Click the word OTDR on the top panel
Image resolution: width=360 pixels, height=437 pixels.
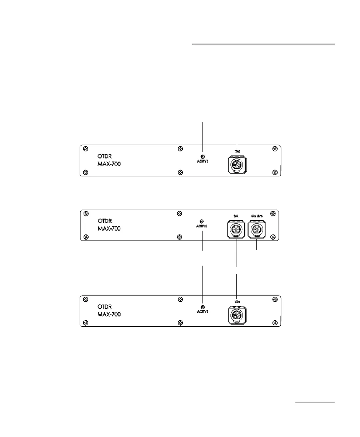pyautogui.click(x=104, y=156)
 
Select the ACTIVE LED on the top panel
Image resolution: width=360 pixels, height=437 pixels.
pyautogui.click(x=202, y=157)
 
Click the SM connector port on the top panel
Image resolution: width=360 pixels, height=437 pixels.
pyautogui.click(x=236, y=165)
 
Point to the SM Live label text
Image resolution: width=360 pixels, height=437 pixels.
pyautogui.click(x=257, y=216)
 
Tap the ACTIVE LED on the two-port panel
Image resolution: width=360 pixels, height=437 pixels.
pyautogui.click(x=201, y=221)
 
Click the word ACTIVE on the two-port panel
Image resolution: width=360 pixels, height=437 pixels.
pyautogui.click(x=201, y=226)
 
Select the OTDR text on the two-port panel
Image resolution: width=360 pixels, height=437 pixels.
pyautogui.click(x=104, y=221)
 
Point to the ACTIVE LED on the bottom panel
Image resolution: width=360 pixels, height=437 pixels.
pyautogui.click(x=202, y=307)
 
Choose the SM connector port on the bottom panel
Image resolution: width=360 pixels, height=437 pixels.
pyautogui.click(x=236, y=315)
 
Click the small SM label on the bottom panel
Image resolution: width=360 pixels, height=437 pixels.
pyautogui.click(x=237, y=302)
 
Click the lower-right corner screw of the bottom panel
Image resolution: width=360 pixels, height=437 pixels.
pyautogui.click(x=275, y=323)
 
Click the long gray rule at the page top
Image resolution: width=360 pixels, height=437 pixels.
pyautogui.click(x=264, y=44)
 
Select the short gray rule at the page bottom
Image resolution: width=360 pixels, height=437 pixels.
pyautogui.click(x=315, y=402)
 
